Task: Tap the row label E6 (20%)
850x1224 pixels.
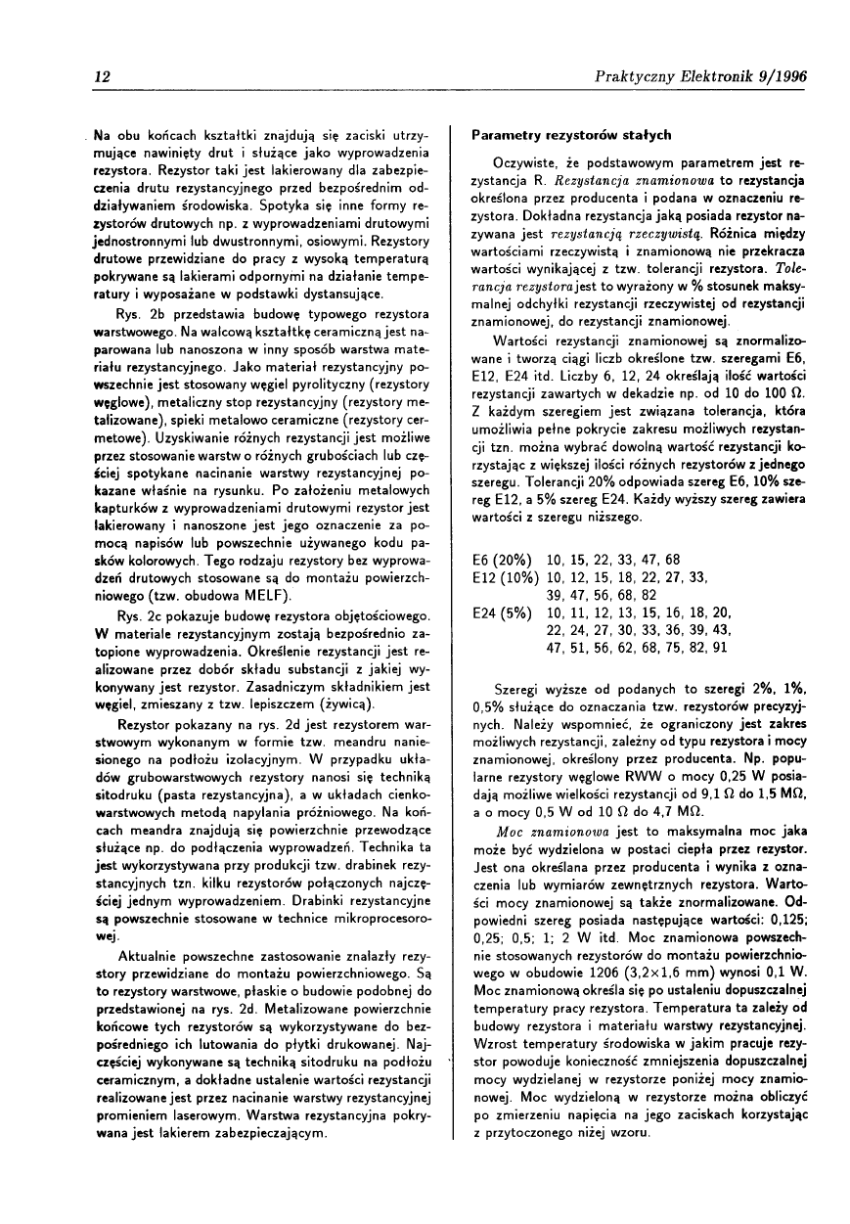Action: click(x=502, y=560)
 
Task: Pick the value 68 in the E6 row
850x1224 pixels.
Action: click(x=672, y=560)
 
